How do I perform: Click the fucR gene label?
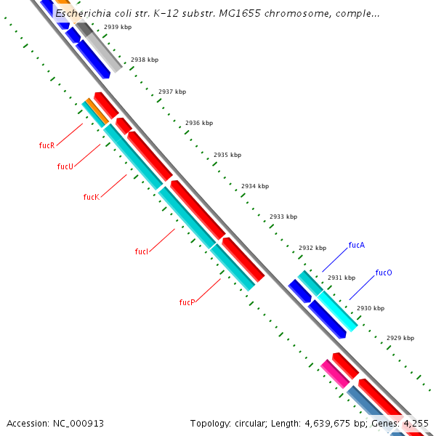coord(47,145)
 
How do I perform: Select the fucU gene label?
coord(65,166)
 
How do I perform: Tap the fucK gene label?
coord(91,197)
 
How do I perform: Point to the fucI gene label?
coord(142,251)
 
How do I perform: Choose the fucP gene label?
coord(187,302)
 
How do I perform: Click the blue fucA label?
coord(356,245)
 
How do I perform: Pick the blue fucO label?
coord(384,272)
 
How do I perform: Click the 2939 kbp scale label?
coord(117,27)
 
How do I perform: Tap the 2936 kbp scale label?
coord(199,124)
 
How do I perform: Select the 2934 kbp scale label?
coord(255,186)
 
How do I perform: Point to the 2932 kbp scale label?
coord(312,249)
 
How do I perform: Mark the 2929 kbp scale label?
coord(400,338)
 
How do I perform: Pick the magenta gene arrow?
coord(335,374)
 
